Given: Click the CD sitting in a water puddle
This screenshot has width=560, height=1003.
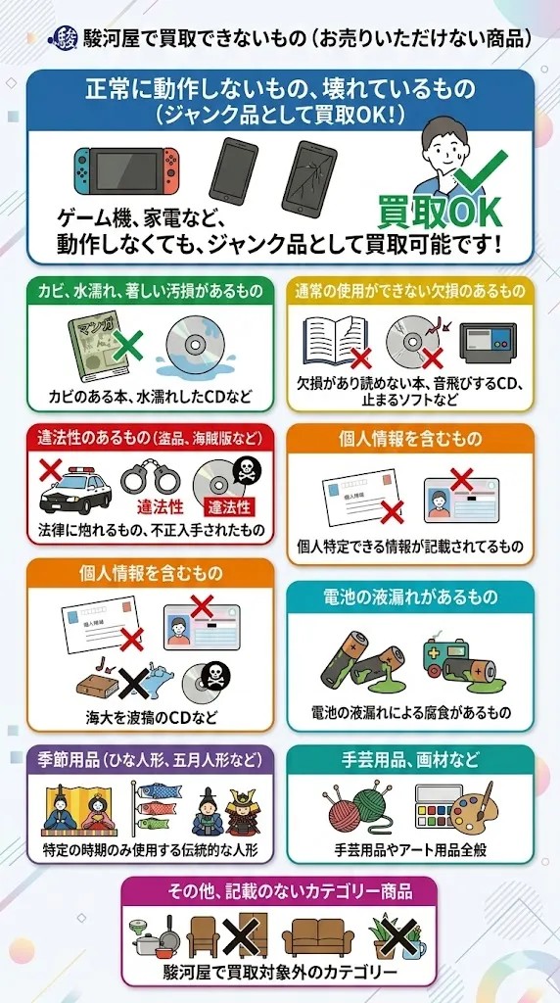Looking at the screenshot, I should [x=197, y=351].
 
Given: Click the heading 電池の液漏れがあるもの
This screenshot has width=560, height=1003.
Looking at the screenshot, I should [x=409, y=597].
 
